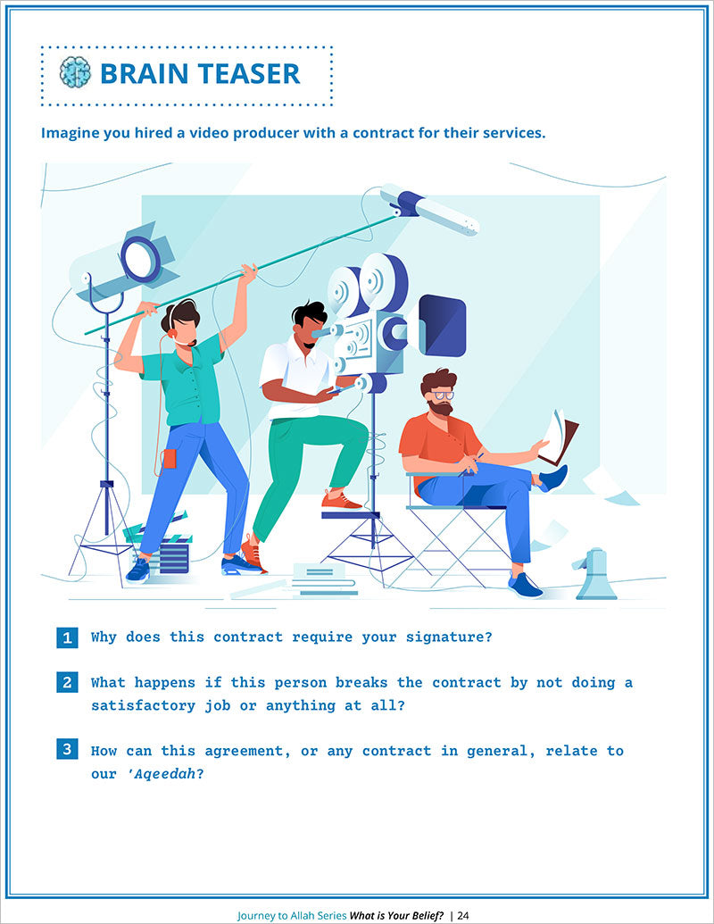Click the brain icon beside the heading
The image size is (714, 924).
coord(75,72)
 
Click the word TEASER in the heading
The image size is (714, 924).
coord(249,74)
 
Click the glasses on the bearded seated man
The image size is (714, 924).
coord(443,395)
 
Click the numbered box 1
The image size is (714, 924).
coord(67,637)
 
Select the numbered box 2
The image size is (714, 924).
coord(67,682)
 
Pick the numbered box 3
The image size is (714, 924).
coord(67,749)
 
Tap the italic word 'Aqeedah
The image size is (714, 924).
coord(162,774)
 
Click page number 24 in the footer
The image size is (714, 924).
coord(463,915)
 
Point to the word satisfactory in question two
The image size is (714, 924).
coord(143,705)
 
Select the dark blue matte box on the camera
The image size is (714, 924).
coord(442,325)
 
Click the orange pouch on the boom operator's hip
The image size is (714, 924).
coord(170,459)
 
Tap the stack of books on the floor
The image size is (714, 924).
coord(324,580)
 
